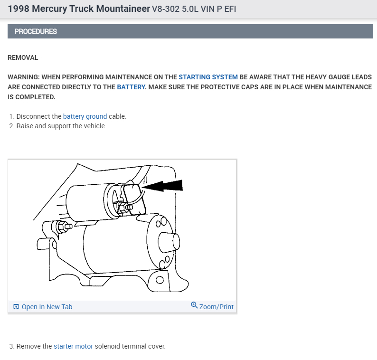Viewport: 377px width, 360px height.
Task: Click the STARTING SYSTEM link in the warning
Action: pos(208,77)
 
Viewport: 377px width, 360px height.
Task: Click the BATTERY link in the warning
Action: pos(131,87)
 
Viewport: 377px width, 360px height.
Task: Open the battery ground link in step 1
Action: pos(85,116)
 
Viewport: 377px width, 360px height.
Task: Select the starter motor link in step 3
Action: pos(73,346)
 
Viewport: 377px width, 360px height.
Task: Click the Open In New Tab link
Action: pos(47,307)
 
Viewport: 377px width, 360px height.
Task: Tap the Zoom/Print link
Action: pos(217,307)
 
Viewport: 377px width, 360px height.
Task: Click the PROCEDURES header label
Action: pos(36,31)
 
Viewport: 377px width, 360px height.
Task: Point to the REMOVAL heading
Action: pos(23,57)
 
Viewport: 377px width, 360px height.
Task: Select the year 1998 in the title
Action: pos(18,9)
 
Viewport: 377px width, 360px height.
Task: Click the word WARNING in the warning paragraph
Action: pos(24,77)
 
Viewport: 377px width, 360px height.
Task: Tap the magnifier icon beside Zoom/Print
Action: pos(194,305)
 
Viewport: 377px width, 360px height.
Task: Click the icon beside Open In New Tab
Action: pos(16,307)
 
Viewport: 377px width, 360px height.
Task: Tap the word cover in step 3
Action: pos(156,346)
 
